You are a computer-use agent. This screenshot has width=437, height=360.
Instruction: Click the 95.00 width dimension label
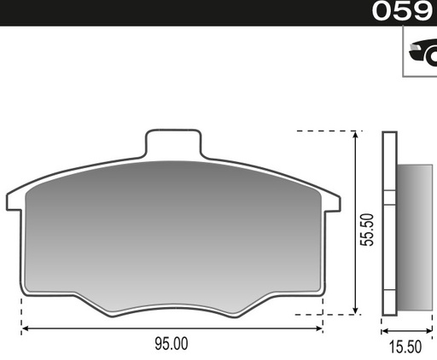[x=172, y=344]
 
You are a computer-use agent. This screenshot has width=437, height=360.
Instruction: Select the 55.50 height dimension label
[x=367, y=229]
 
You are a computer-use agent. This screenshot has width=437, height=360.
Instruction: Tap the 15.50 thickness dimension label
[x=405, y=347]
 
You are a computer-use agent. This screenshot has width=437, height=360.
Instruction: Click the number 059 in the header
[x=402, y=11]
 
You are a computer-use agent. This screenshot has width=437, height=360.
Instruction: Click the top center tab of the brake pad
[x=173, y=143]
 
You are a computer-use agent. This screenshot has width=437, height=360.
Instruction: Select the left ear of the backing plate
[x=14, y=201]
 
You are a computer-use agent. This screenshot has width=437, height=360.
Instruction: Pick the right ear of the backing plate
[x=332, y=202]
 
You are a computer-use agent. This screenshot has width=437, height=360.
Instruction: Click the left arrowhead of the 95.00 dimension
[x=25, y=328]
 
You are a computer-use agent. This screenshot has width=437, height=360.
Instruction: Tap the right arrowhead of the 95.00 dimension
[x=319, y=328]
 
